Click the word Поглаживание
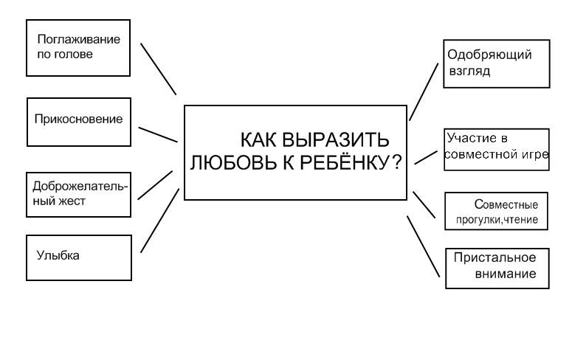79,39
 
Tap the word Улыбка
58,255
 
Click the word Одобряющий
489,55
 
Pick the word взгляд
470,71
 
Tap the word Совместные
506,204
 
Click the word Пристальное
495,258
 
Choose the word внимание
506,274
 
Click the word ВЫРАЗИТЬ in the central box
336,139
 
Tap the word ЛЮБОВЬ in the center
233,162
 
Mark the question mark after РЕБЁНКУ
397,162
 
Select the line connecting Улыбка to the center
160,221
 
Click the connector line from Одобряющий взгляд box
424,91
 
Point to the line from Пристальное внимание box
423,246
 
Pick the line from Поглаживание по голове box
159,69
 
